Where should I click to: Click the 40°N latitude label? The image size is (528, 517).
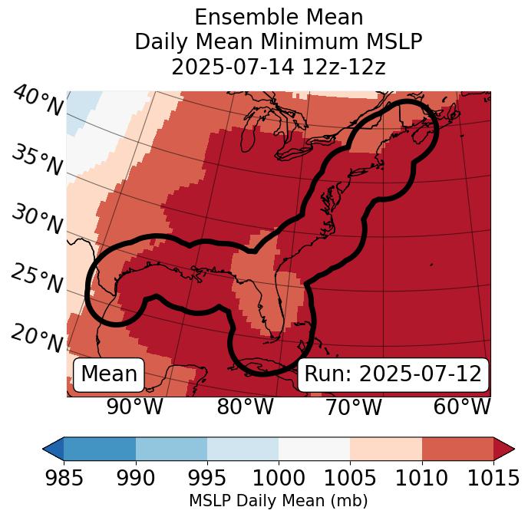pos(38,101)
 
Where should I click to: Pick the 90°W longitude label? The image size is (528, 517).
pos(134,407)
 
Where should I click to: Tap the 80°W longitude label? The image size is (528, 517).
pos(245,407)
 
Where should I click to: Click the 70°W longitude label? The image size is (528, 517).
pos(353,407)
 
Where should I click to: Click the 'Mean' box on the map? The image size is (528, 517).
pos(109,374)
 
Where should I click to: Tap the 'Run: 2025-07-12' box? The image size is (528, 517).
pos(393,374)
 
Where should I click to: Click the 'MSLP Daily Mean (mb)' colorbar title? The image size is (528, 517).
pos(278,501)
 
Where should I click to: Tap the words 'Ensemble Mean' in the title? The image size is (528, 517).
pos(278,17)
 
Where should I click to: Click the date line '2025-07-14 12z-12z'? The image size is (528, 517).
pos(278,67)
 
